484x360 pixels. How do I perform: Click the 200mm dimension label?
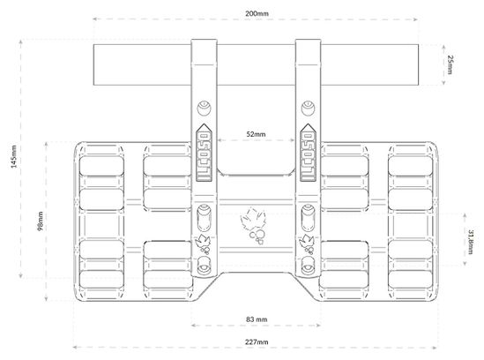[257, 13]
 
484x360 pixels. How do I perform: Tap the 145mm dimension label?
[14, 157]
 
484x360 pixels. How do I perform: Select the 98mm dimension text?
[41, 221]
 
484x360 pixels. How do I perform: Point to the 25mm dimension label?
[450, 64]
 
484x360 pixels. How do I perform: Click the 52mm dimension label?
[256, 134]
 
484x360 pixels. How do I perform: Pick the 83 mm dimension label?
[257, 319]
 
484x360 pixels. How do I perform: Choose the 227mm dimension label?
[257, 342]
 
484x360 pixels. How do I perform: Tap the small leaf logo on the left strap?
[203, 244]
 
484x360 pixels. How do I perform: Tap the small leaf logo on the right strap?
[307, 244]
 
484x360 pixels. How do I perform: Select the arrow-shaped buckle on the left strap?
[205, 153]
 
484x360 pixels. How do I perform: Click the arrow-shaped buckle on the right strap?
[308, 153]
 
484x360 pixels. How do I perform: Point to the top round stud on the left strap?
[204, 109]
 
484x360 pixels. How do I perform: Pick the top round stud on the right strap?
[308, 109]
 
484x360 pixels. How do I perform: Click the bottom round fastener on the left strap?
[204, 265]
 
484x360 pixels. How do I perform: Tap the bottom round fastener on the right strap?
[308, 265]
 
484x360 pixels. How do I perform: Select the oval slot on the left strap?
[204, 218]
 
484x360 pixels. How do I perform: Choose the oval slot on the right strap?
[308, 218]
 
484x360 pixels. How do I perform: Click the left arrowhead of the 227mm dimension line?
[75, 348]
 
